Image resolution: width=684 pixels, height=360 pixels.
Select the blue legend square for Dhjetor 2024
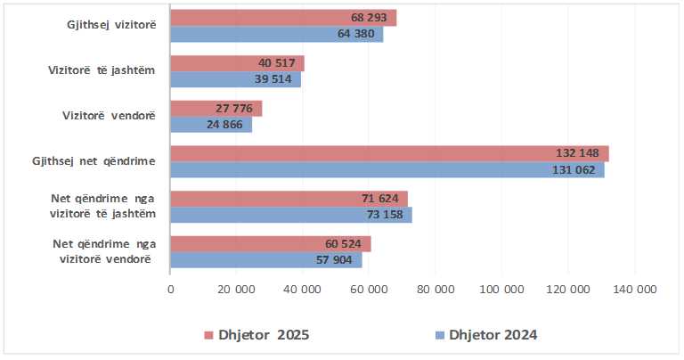[439, 336]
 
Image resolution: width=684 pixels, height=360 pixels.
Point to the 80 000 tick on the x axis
[436, 289]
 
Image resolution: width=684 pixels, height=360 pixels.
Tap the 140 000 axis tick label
[634, 289]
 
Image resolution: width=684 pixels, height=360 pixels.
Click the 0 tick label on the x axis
[170, 289]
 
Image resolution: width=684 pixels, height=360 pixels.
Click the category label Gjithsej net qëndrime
[94, 161]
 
